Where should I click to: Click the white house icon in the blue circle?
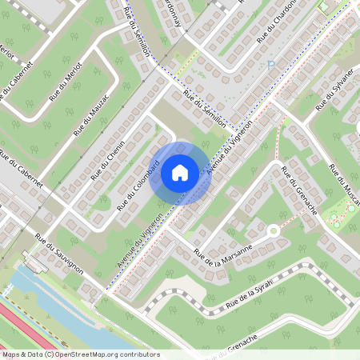pos(180,172)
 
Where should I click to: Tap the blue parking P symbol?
pos(271,65)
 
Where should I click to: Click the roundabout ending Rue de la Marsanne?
pos(273,231)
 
